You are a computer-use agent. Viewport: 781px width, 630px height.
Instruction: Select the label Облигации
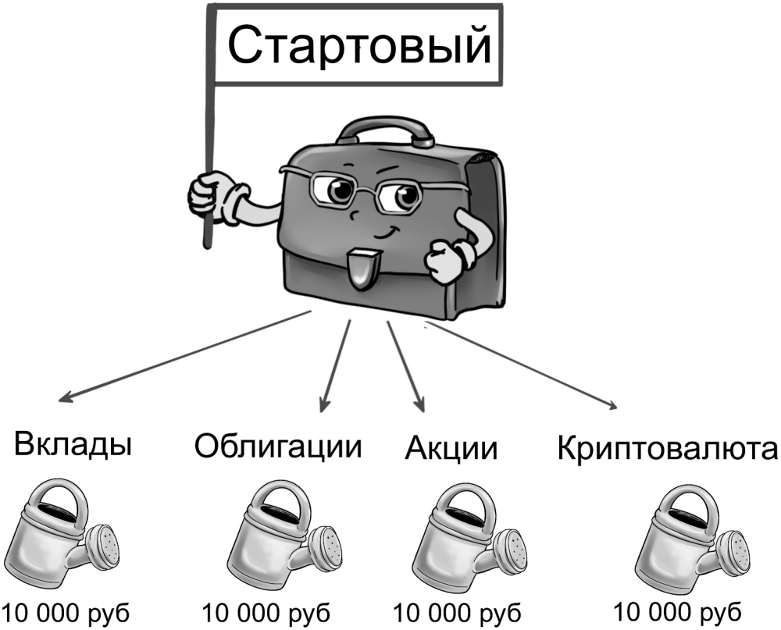pos(279,447)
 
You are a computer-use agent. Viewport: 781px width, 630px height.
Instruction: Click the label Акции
pos(451,450)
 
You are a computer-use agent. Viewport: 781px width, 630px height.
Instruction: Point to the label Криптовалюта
pos(668,450)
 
